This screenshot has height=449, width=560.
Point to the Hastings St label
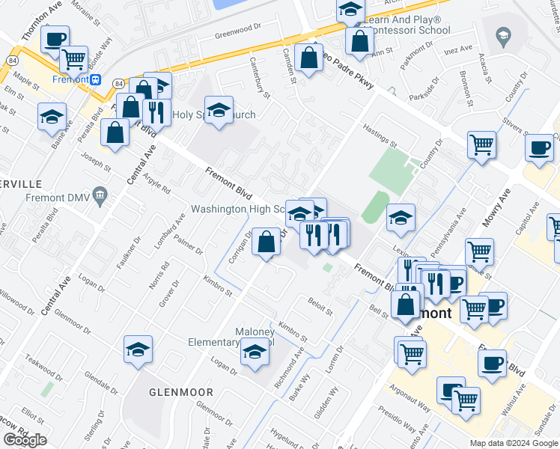380,136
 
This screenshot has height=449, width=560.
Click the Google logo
25,440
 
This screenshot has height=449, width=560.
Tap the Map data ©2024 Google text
514,443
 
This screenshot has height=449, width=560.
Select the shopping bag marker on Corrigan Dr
267,242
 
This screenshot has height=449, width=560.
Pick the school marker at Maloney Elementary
255,352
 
